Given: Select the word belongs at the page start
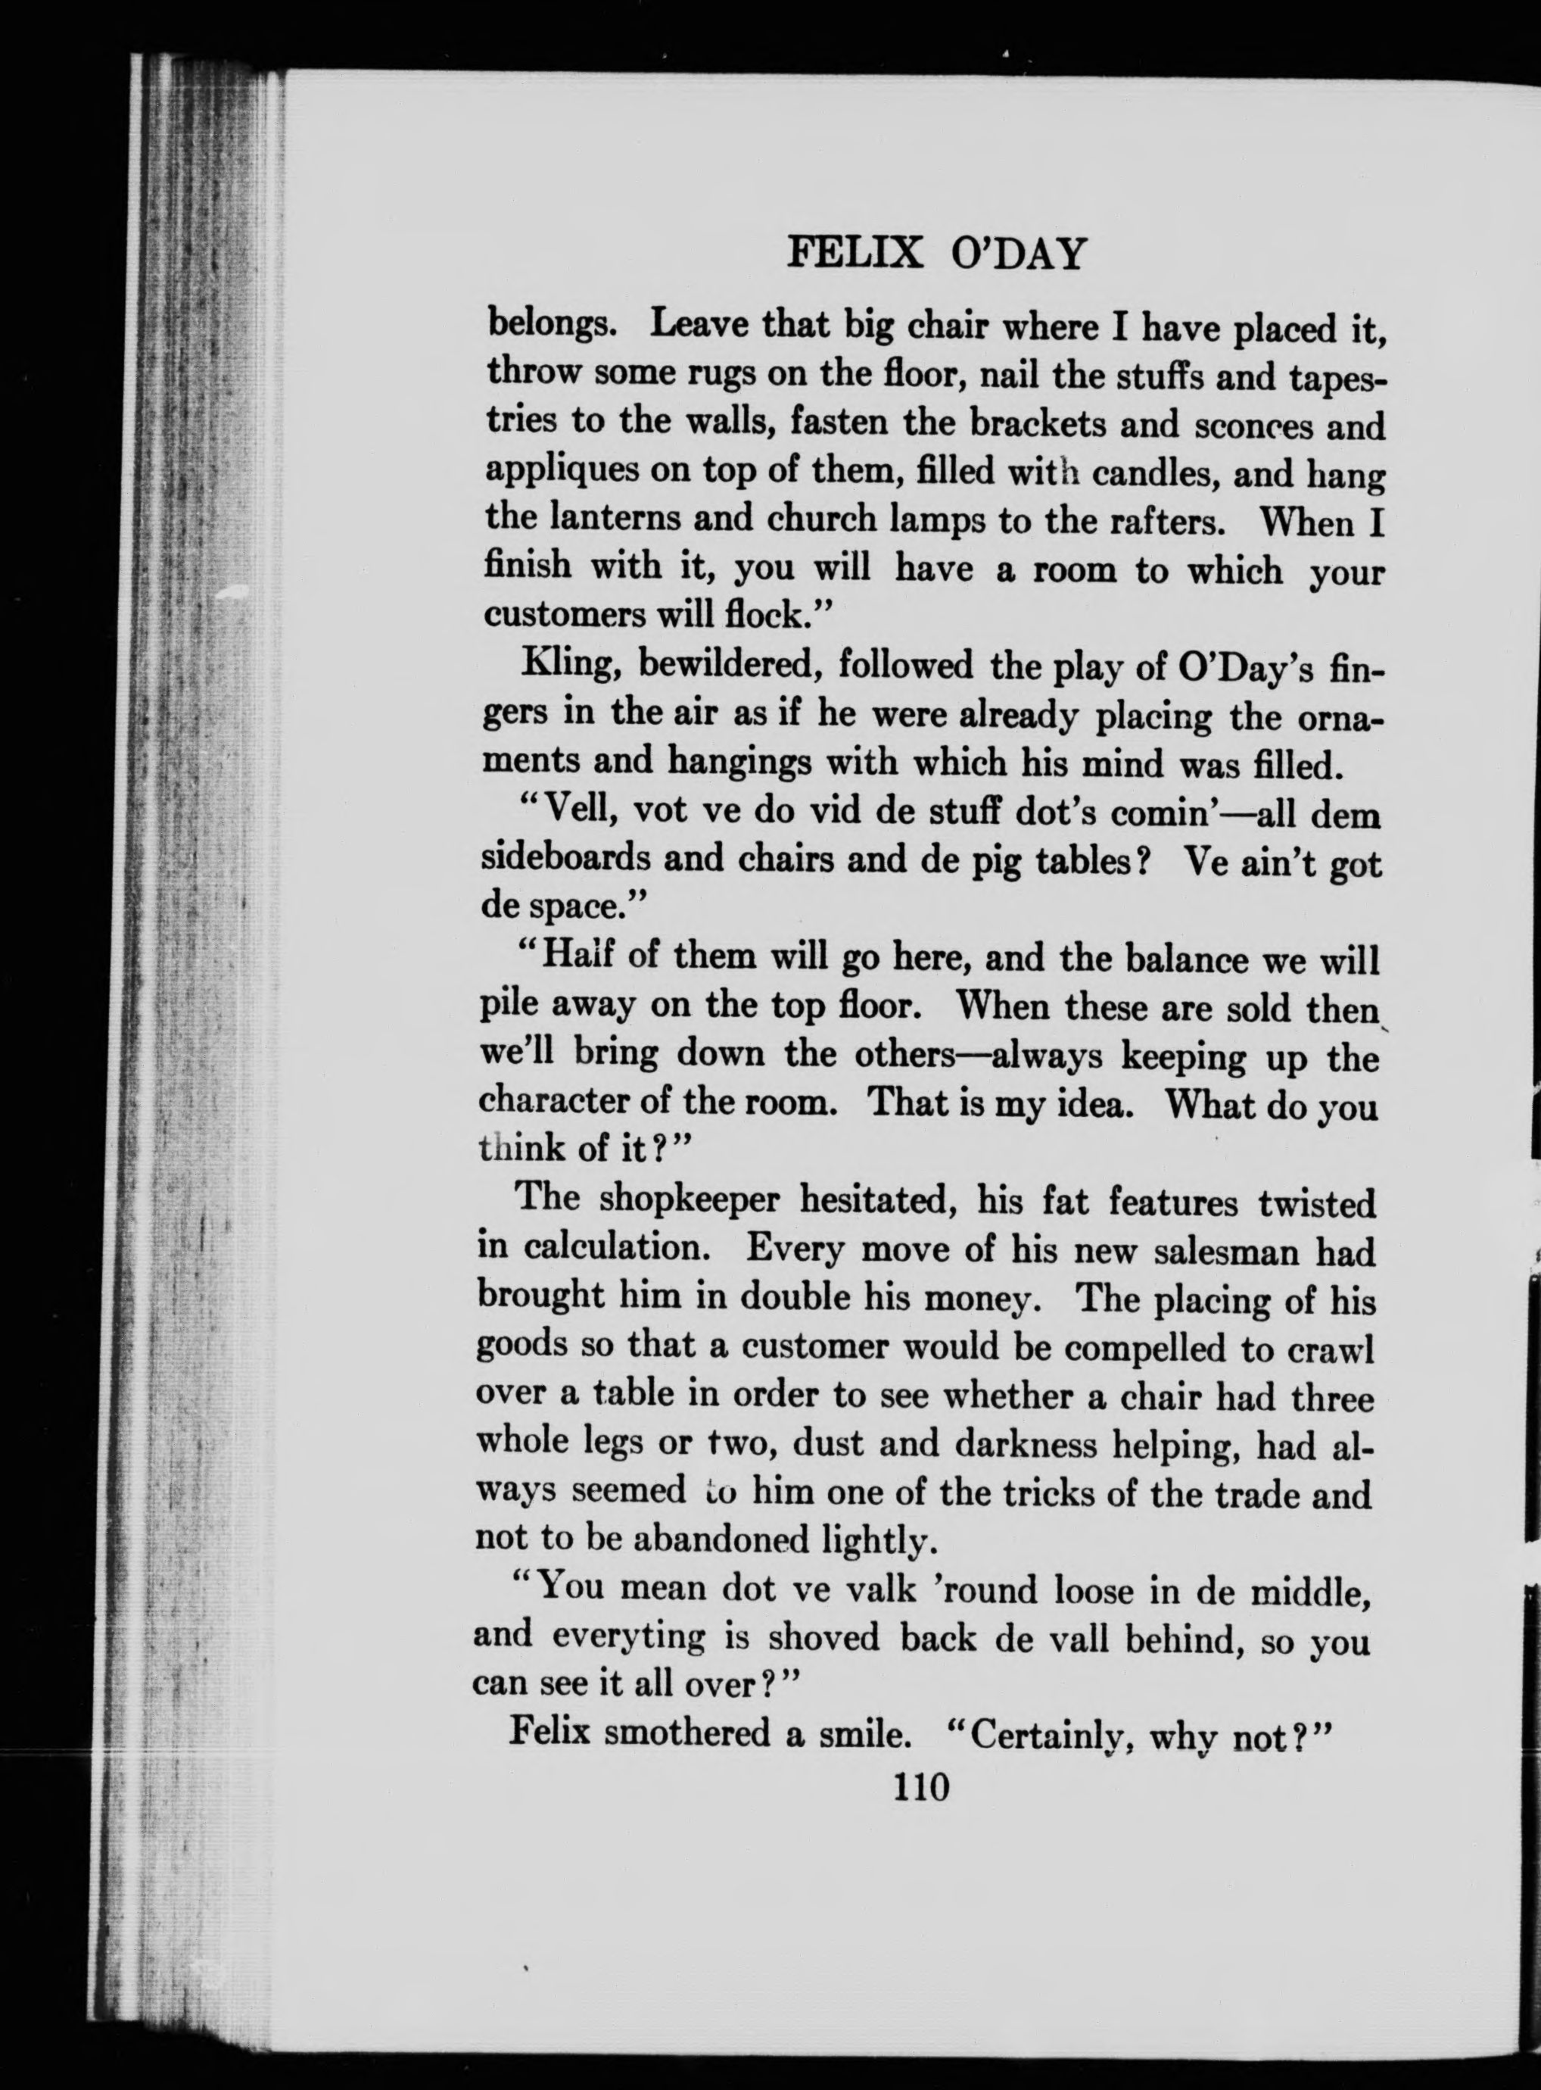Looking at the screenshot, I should (550, 326).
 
